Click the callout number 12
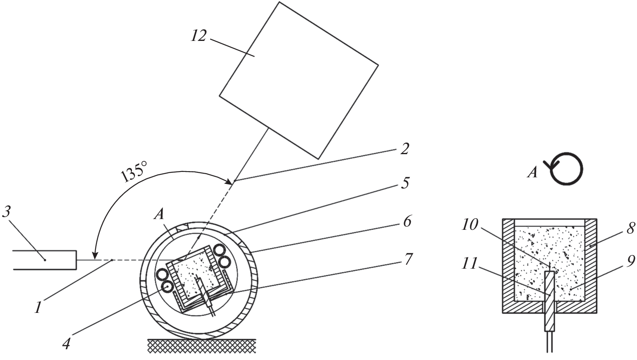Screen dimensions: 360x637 point(199,36)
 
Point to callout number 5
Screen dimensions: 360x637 point(405,182)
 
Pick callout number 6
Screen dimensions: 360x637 point(407,222)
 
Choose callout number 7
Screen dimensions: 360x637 point(408,260)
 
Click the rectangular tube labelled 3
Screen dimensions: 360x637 point(45,260)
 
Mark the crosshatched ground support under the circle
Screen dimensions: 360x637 point(202,346)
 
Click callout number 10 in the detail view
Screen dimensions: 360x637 point(470,225)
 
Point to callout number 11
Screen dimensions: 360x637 point(469,264)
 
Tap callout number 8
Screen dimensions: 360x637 point(630,228)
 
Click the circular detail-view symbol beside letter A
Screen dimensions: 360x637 point(567,169)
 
